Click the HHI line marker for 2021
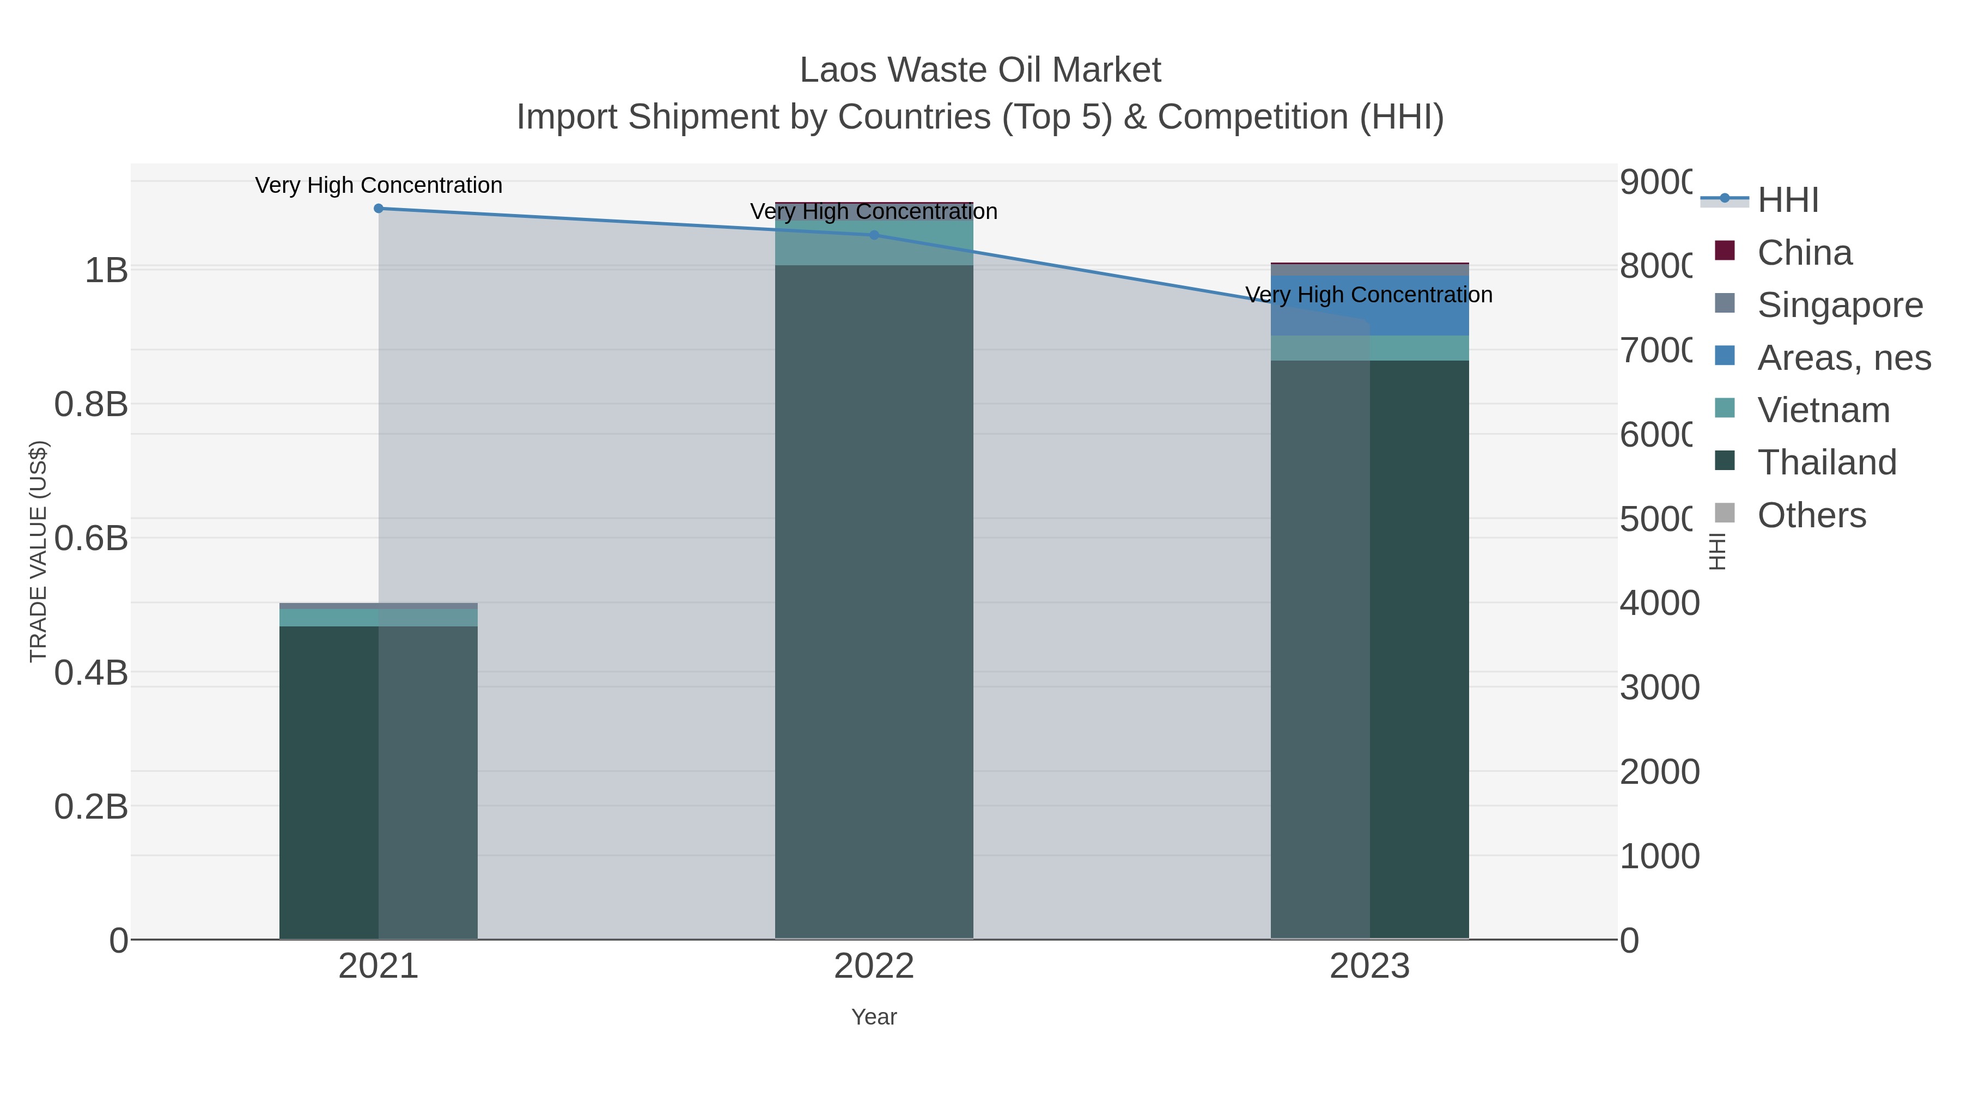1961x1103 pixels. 379,209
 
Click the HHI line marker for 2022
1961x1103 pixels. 874,235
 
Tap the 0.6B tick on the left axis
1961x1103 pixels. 92,539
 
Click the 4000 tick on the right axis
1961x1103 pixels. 1659,603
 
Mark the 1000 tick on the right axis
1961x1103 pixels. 1659,856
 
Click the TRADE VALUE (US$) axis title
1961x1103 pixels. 38,552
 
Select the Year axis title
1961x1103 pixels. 874,1017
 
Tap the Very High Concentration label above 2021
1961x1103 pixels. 379,185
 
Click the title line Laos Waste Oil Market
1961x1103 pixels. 980,70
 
